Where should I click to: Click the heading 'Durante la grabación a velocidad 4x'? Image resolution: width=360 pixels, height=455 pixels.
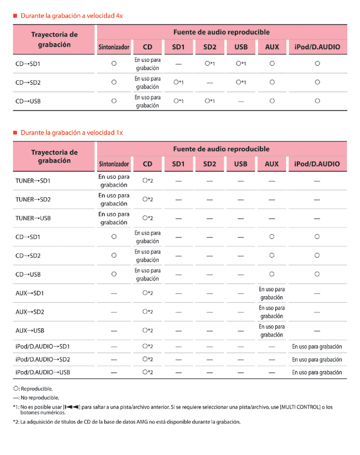click(x=71, y=16)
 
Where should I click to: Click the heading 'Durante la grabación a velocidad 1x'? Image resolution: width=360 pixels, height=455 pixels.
click(x=71, y=133)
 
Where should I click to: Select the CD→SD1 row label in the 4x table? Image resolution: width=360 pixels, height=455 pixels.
click(x=28, y=64)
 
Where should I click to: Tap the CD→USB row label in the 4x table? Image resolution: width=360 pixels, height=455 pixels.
click(x=28, y=101)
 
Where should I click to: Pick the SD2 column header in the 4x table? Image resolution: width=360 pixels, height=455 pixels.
click(x=209, y=48)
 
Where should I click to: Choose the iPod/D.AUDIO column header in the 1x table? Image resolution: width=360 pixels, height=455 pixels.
click(x=317, y=164)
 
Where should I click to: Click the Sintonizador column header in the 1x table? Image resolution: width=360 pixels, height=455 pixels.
click(x=114, y=164)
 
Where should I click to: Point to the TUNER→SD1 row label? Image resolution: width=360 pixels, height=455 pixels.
click(x=33, y=181)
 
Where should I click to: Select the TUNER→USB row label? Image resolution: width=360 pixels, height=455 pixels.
click(x=33, y=218)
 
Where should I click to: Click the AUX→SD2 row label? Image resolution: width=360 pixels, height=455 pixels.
click(x=30, y=312)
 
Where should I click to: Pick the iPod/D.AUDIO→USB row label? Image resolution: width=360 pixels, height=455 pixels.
click(x=43, y=372)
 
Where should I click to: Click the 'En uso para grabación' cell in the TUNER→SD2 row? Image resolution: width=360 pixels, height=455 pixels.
click(x=114, y=199)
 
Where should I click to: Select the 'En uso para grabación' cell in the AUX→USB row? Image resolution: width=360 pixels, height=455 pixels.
click(x=272, y=330)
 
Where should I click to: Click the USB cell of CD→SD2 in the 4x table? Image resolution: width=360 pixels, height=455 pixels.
click(x=240, y=82)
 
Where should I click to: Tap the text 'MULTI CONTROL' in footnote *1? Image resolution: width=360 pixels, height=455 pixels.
click(x=300, y=407)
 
